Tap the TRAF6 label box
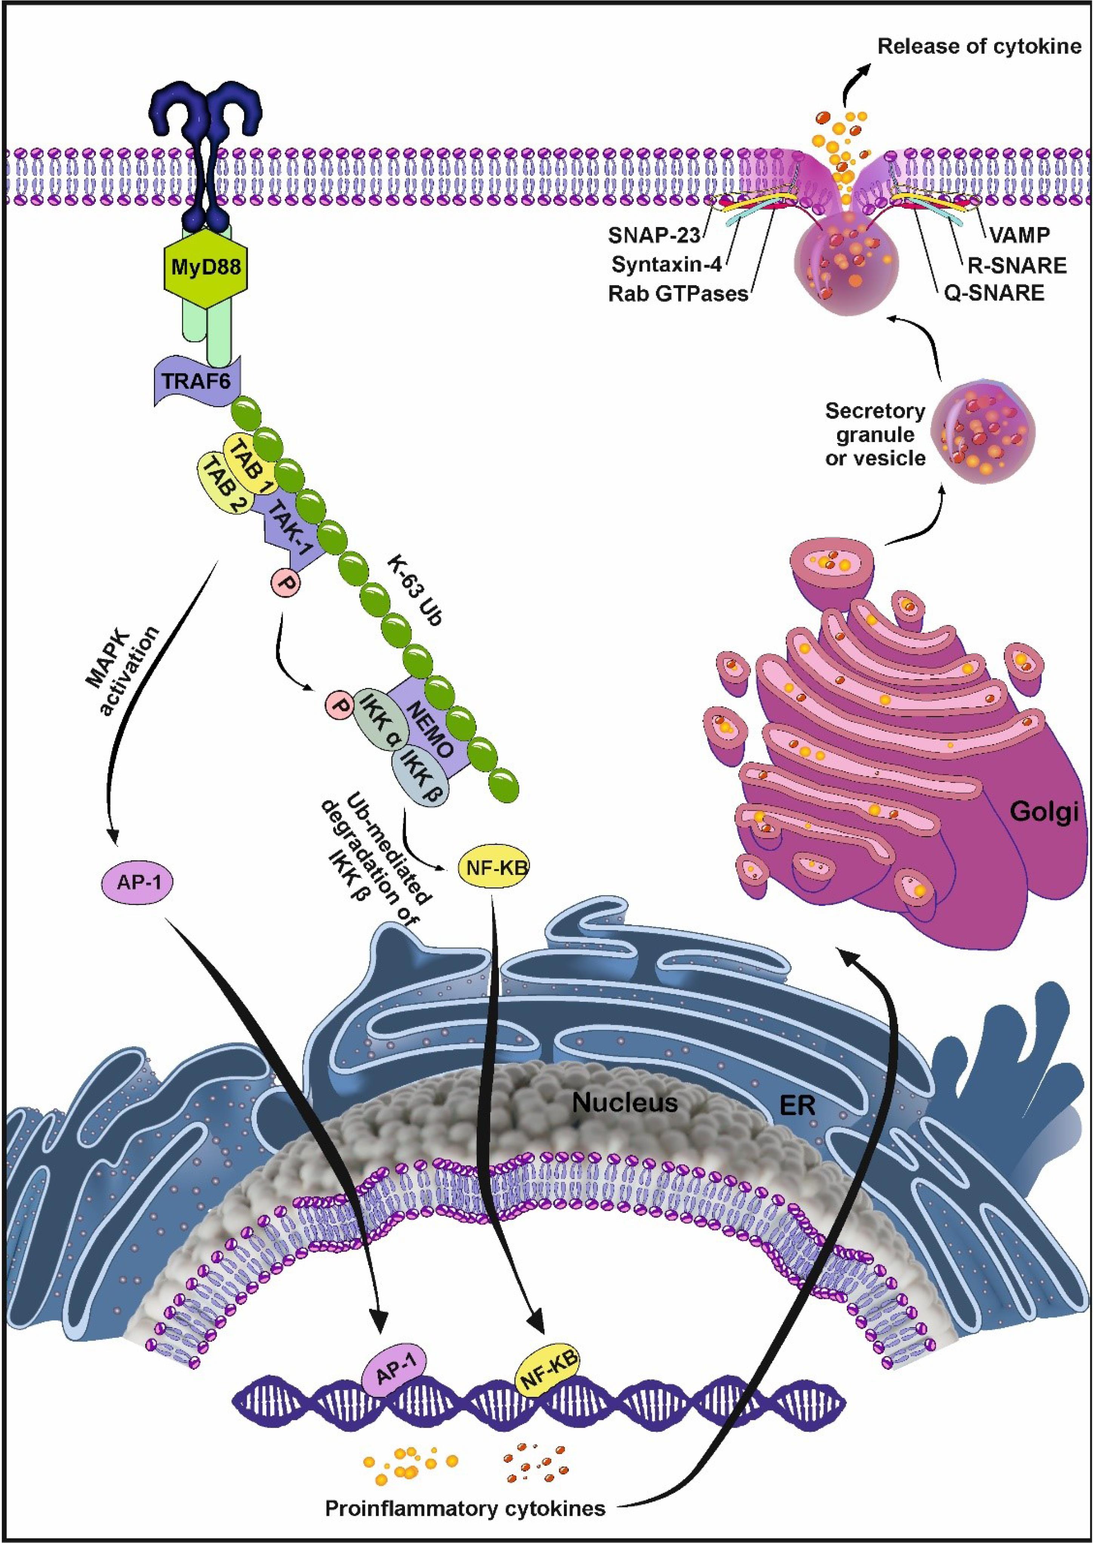(195, 381)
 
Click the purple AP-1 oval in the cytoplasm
(138, 882)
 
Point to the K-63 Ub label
(414, 591)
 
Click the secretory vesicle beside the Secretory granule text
(983, 431)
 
